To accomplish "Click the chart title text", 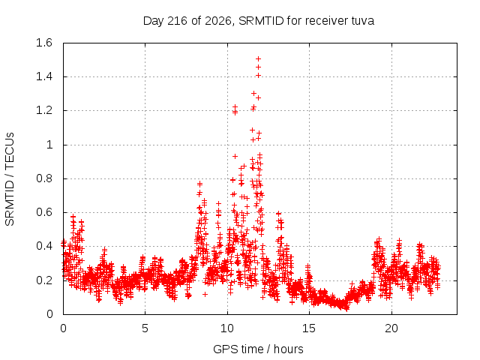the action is click(x=259, y=21).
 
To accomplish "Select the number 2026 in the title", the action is click(x=218, y=21).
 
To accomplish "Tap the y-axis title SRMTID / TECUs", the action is click(x=10, y=179).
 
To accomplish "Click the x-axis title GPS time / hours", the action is click(x=258, y=349).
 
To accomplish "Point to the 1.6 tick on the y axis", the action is click(x=44, y=43).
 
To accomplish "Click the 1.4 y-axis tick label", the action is click(x=44, y=76).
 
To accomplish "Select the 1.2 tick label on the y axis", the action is click(x=44, y=110).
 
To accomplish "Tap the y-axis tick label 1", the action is click(x=49, y=145).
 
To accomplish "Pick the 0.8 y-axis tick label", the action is click(x=44, y=178).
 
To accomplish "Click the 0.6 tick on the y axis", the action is click(x=44, y=212).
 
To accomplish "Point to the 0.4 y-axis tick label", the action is click(x=44, y=246).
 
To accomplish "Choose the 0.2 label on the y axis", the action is click(x=44, y=280).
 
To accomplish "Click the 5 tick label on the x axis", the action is click(x=145, y=328).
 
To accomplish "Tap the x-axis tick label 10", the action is click(x=227, y=328).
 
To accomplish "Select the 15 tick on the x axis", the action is click(x=309, y=328).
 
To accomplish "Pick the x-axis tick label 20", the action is click(x=391, y=328).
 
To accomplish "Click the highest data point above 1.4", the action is click(x=258, y=58).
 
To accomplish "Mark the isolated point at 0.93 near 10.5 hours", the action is click(x=235, y=157).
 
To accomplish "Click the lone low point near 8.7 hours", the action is click(x=205, y=294).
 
